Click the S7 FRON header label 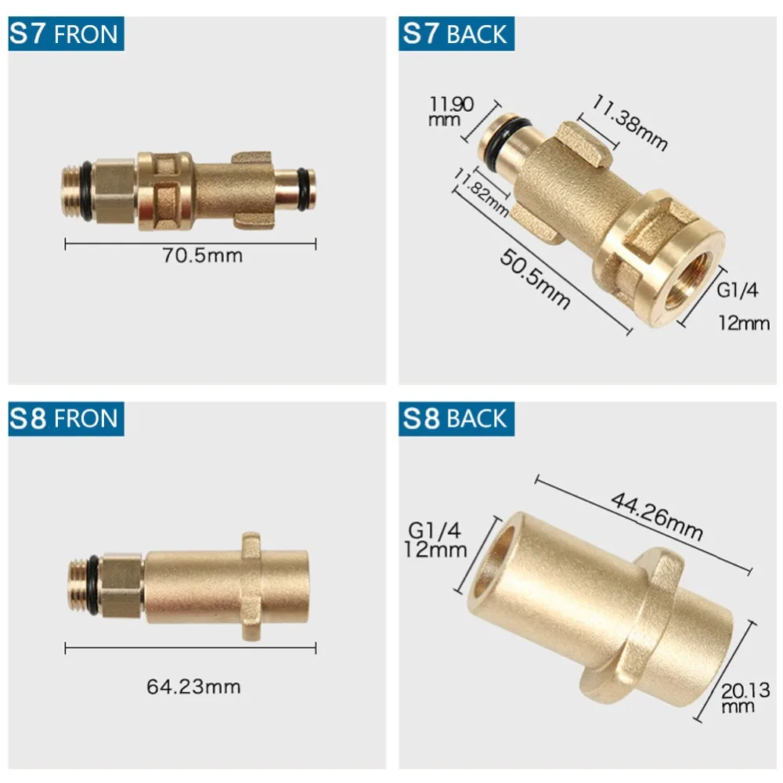pos(66,34)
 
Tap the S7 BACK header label pos(456,34)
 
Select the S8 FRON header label pos(66,418)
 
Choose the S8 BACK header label pos(456,418)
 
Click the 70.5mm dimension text pos(202,255)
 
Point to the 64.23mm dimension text pos(193,687)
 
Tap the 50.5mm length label pos(535,279)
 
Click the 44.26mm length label pos(657,516)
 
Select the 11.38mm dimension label pos(630,122)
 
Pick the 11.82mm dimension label pos(481,193)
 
